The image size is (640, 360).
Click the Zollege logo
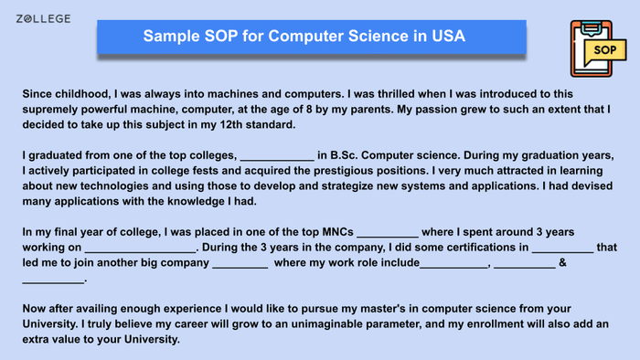42,19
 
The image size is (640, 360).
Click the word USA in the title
447,37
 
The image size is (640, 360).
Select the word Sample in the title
172,37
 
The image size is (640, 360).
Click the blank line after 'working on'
139,248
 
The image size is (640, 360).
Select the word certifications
470,248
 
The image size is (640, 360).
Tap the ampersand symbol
563,263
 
